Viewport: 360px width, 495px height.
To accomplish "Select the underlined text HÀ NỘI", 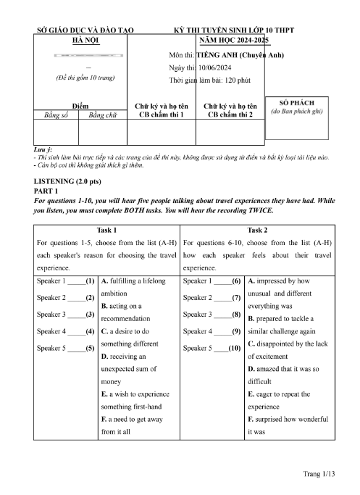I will (x=85, y=41).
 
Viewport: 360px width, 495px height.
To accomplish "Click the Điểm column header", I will (x=80, y=105).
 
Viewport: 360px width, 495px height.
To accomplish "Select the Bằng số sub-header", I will (x=56, y=115).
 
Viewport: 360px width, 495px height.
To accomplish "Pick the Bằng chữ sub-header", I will (x=102, y=115).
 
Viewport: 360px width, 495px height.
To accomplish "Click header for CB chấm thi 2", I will (x=230, y=110).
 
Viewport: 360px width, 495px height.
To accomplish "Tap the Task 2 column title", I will (x=257, y=229).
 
